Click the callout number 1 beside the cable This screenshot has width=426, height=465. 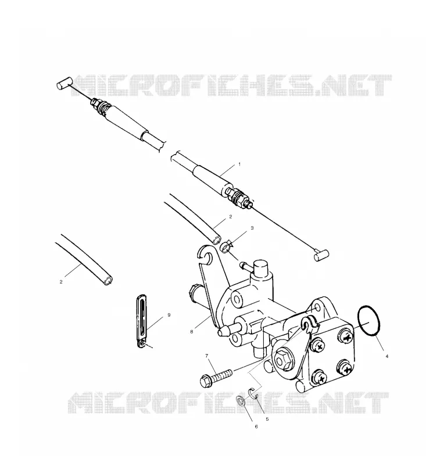239,164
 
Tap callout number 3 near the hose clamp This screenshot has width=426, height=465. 252,228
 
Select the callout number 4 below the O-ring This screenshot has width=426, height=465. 386,356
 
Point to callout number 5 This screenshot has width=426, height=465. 267,419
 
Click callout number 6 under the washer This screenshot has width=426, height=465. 256,427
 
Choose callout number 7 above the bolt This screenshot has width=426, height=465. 207,356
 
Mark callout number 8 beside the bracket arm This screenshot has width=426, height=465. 192,332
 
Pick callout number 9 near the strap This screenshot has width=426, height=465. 169,315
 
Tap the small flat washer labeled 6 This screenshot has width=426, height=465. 241,401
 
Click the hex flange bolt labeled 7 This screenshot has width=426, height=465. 216,377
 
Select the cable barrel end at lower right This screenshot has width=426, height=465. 321,255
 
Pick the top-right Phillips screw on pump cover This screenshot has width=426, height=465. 345,337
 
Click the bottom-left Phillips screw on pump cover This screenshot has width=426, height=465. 318,378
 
